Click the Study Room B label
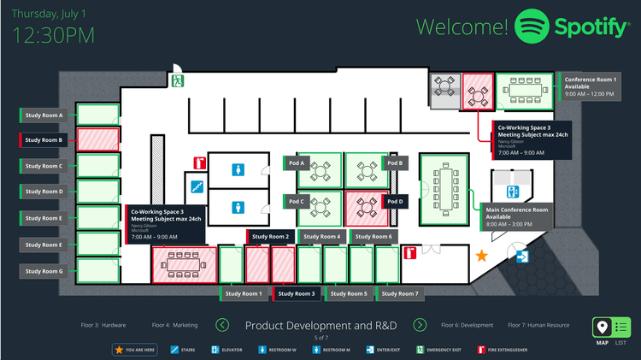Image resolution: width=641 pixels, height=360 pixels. [44, 140]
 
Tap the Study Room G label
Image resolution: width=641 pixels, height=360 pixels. [44, 271]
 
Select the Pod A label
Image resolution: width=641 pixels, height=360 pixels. [296, 162]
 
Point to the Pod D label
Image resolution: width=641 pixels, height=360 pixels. [394, 202]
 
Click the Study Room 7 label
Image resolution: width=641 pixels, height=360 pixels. [399, 294]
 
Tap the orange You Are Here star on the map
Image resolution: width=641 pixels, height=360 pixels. [482, 255]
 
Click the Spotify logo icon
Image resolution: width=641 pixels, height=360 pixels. [531, 27]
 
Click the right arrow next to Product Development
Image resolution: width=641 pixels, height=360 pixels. [420, 325]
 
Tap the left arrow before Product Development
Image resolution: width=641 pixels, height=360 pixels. [222, 325]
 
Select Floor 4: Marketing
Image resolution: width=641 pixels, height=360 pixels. [174, 325]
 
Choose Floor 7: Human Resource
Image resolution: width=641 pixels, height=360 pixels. [538, 325]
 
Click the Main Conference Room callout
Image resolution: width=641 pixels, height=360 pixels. [516, 217]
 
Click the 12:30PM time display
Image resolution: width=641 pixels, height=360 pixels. [54, 35]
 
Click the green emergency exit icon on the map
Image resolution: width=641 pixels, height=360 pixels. [179, 81]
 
